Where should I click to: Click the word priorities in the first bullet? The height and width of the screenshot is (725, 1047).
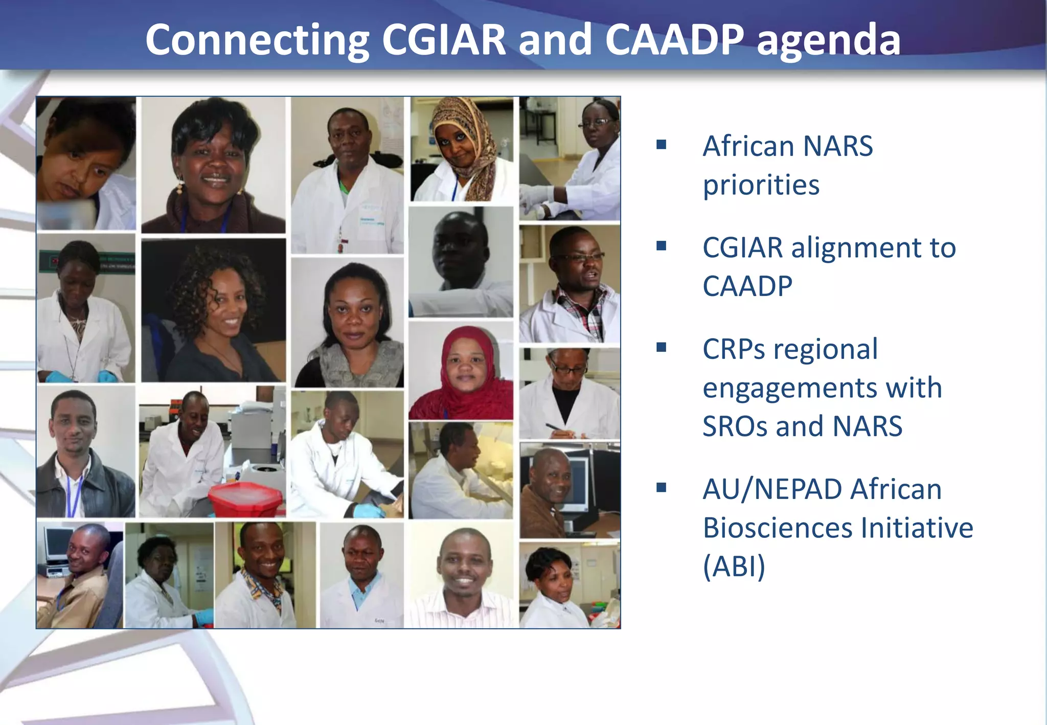(x=761, y=185)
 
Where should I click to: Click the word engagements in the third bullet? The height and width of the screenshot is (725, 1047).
(x=822, y=388)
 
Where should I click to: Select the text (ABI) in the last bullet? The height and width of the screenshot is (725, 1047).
(x=734, y=567)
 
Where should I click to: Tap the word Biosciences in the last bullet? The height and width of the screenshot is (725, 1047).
(x=778, y=528)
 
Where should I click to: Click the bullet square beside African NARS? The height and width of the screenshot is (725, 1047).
(x=662, y=145)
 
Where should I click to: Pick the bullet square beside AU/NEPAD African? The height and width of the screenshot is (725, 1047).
(x=662, y=488)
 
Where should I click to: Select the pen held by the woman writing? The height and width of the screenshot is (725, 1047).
(x=555, y=427)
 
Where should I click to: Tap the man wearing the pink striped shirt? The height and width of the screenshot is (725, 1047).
(x=463, y=583)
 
